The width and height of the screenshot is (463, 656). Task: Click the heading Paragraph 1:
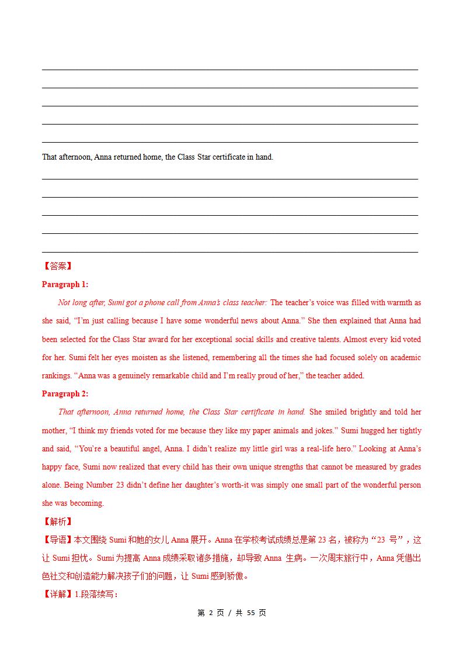tap(65, 284)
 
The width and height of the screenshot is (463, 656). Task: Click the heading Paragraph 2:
tap(65, 393)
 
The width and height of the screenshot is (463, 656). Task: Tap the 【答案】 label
tap(57, 266)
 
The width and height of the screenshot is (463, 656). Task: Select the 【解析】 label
tap(57, 521)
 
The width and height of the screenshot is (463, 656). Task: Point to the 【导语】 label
tap(57, 540)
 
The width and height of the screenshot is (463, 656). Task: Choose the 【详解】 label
tap(57, 595)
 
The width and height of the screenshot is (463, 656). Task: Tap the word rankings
tap(57, 375)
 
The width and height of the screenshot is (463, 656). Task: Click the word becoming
tap(86, 503)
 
